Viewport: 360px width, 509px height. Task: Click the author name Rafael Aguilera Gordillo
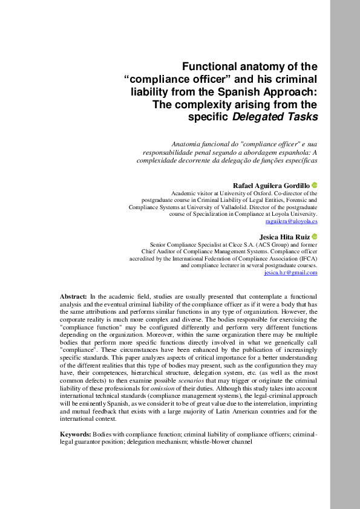271,185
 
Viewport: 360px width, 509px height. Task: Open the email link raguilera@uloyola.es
292,222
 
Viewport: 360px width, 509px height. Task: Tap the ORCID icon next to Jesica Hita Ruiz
315,236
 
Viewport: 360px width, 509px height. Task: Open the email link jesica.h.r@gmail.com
291,273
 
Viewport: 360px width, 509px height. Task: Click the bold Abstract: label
73,296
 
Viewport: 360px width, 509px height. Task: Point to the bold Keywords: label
76,435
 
